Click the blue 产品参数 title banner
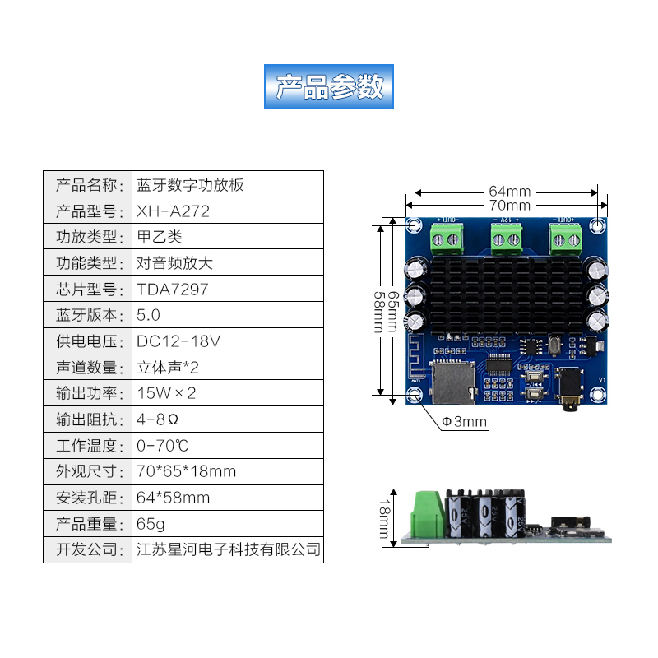tap(329, 86)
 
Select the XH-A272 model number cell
tap(174, 211)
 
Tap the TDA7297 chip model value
tap(173, 290)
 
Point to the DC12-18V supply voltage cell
tap(178, 341)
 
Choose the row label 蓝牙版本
tap(88, 315)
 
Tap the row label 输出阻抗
tap(88, 419)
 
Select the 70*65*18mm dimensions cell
tap(187, 471)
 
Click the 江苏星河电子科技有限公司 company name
tap(228, 549)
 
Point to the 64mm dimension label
tap(509, 192)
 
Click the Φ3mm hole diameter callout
tap(465, 423)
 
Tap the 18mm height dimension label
tap(386, 517)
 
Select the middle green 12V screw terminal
tap(507, 238)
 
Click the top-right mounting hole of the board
tap(600, 224)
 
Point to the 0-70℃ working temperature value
tap(163, 446)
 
